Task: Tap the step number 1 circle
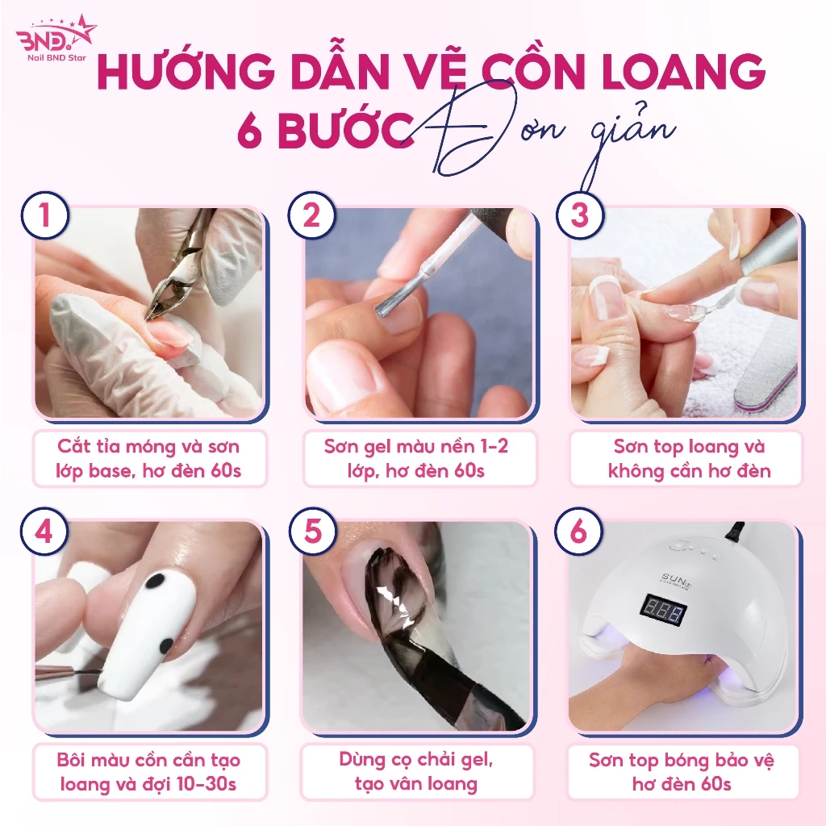click(x=45, y=215)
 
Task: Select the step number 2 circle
click(x=312, y=215)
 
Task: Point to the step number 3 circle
click(x=579, y=215)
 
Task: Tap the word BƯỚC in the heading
click(x=346, y=129)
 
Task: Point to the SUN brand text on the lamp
click(x=675, y=580)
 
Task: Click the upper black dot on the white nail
click(x=154, y=581)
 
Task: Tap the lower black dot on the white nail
click(x=166, y=645)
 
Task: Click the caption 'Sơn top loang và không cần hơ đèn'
click(x=689, y=458)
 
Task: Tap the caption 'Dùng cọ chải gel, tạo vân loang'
click(x=416, y=772)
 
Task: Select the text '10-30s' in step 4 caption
click(x=206, y=784)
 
